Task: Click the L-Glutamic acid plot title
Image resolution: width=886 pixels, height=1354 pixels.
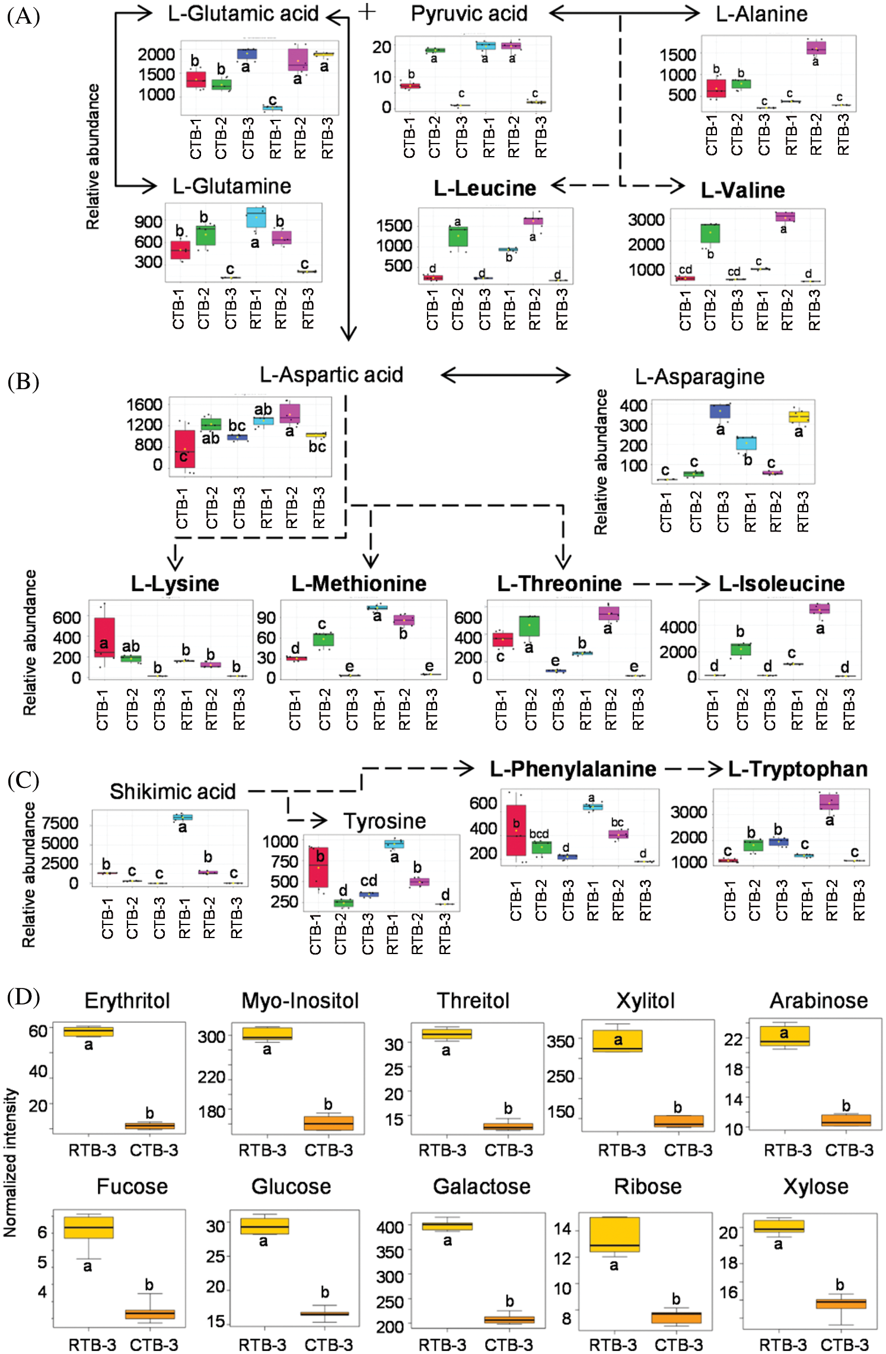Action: coord(243,14)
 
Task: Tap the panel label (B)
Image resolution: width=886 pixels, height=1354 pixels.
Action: coord(23,382)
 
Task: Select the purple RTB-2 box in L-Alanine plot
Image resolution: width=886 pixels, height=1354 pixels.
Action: coord(816,47)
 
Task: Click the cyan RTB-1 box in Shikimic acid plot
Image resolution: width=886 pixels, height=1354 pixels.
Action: coord(183,817)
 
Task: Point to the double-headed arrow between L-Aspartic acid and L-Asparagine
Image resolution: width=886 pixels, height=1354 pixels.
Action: coord(505,375)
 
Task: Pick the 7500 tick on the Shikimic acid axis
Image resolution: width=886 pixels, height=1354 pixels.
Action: coord(60,824)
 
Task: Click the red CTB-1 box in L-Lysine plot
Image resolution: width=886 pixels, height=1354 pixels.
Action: coord(104,637)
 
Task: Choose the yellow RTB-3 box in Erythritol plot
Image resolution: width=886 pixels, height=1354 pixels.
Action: coord(88,1031)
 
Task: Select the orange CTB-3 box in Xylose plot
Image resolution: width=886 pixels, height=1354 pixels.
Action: coord(840,1303)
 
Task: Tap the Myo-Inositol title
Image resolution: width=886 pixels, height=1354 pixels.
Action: coord(300,1001)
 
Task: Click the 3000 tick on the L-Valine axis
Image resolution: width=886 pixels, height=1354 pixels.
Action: coord(646,220)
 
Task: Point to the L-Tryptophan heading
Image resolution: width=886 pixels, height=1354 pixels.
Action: coord(798,769)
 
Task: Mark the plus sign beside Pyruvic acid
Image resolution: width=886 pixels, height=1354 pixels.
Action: coord(367,12)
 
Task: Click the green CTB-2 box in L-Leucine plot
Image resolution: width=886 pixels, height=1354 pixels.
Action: coord(458,236)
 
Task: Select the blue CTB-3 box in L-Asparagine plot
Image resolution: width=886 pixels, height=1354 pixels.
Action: coord(721,411)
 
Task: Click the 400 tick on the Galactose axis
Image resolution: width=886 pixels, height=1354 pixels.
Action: coord(390,1226)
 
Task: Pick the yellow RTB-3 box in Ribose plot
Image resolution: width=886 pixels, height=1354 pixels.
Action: coord(614,1235)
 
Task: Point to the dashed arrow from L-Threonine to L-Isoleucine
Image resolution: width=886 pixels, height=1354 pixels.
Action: coord(671,584)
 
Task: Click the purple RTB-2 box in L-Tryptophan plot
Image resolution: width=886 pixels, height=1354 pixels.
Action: coord(829,802)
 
